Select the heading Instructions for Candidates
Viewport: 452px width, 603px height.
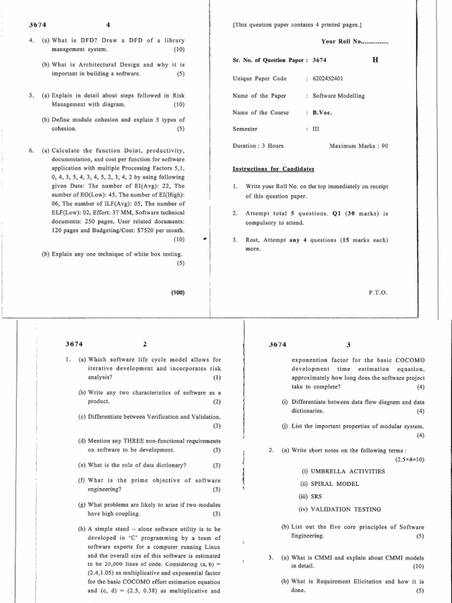pos(274,169)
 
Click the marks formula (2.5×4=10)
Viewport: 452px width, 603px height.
pos(410,459)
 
